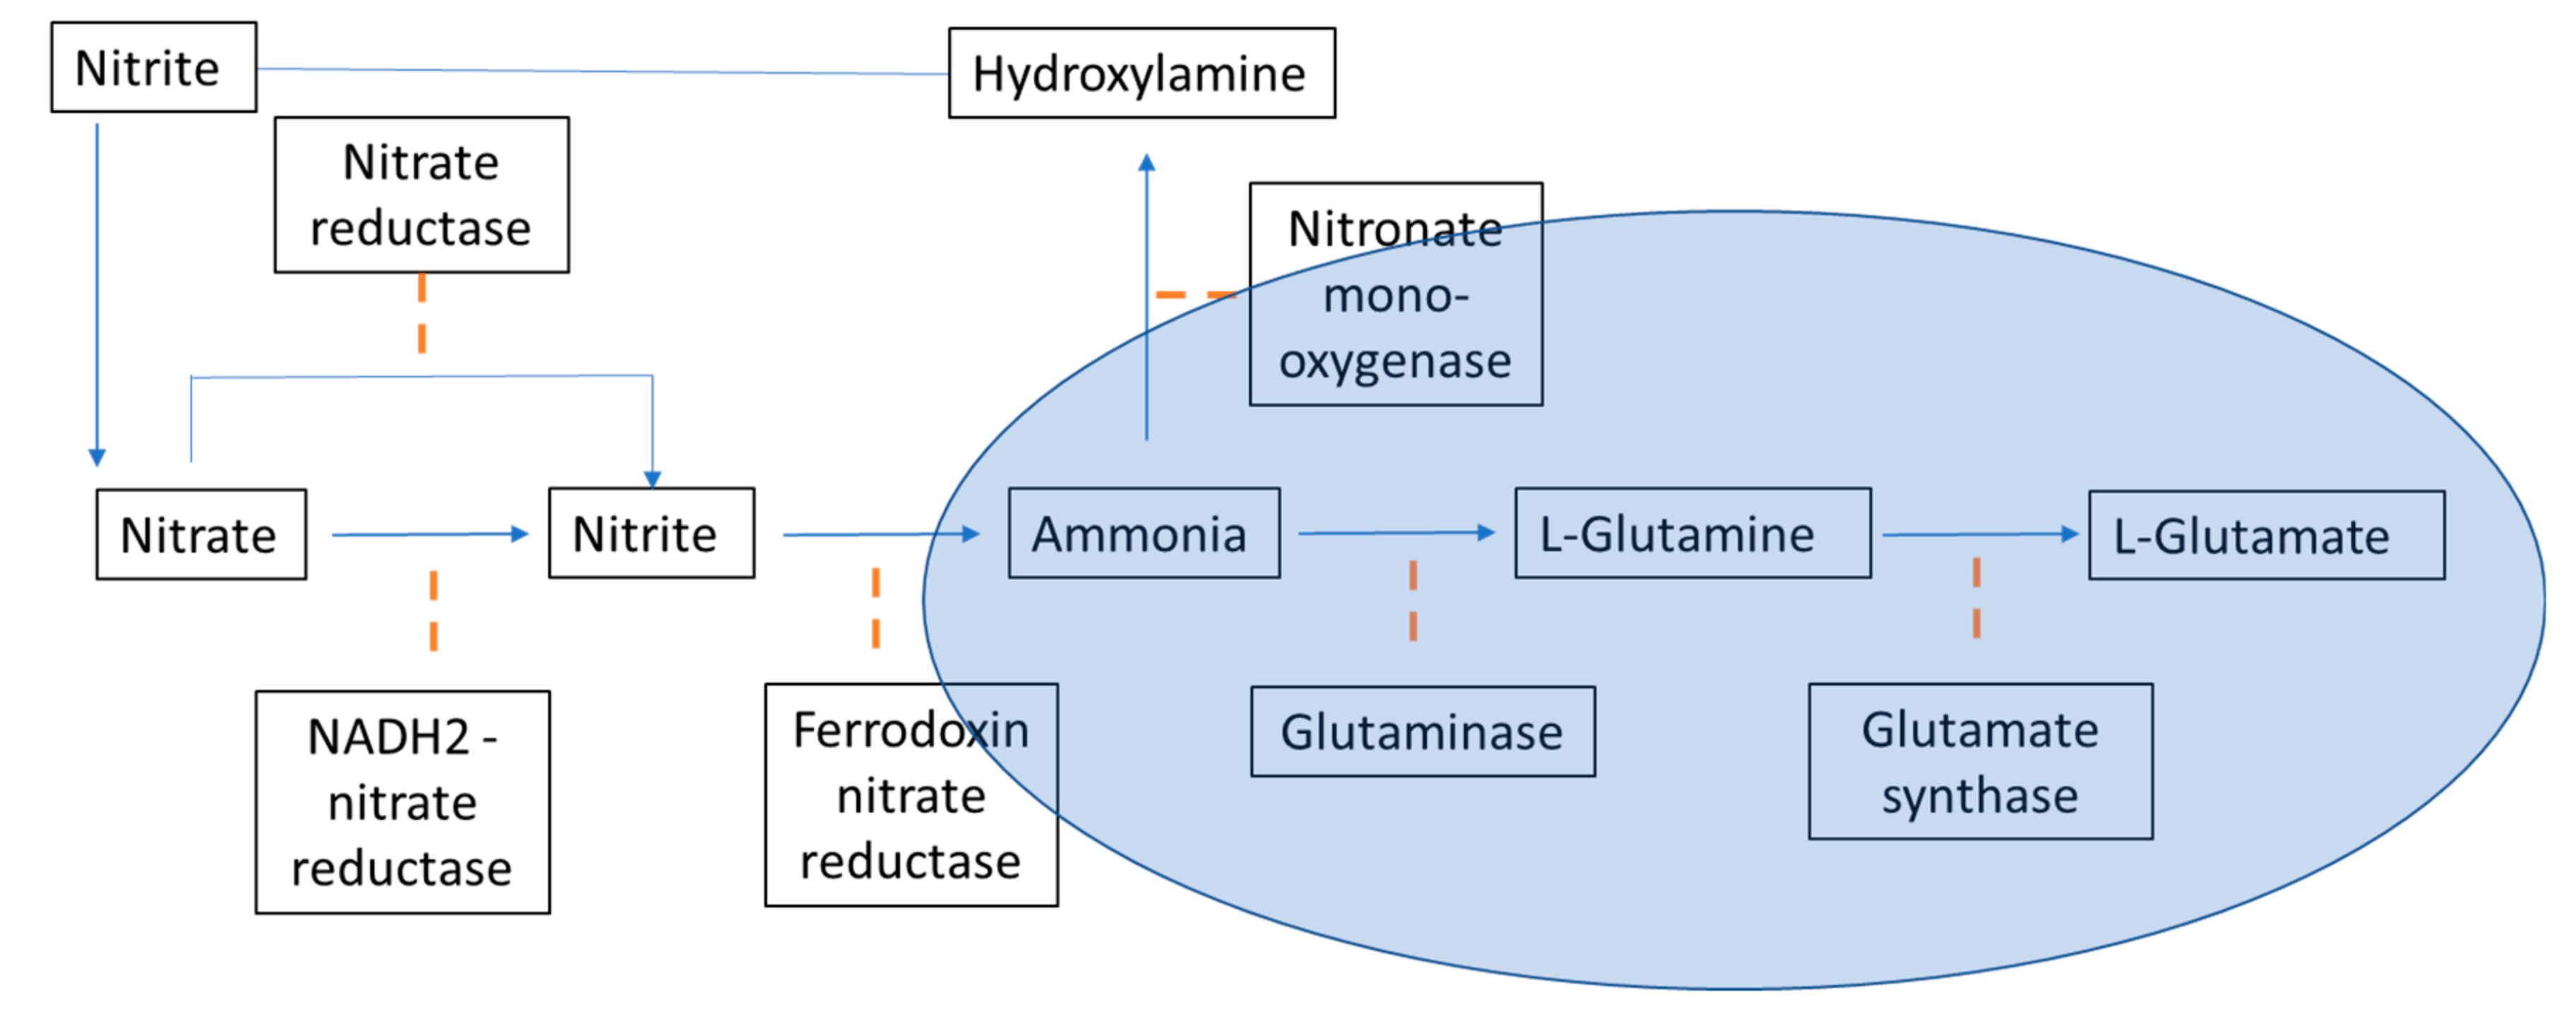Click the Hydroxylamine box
tap(1141, 73)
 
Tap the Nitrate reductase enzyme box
tap(421, 194)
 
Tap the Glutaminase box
tap(1422, 731)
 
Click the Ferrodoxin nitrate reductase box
tap(911, 794)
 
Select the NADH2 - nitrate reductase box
tap(402, 802)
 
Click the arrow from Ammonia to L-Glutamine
tap(1395, 534)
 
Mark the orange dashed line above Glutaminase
tap(1413, 600)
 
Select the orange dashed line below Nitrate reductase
tap(422, 314)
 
